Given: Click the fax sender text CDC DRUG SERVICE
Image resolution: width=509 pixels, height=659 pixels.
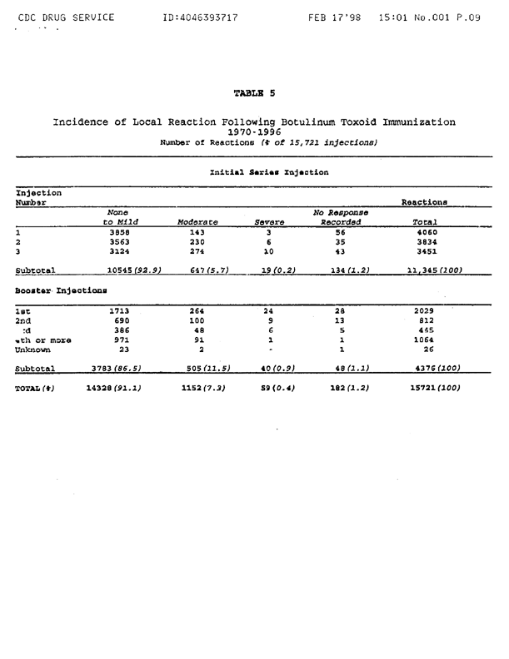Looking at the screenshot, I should pos(65,17).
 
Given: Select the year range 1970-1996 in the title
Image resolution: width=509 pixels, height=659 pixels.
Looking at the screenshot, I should pos(254,131).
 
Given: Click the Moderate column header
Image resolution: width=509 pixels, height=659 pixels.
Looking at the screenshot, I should pos(197,222).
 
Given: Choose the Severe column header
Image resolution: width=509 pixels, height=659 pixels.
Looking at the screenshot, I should pos(270,222).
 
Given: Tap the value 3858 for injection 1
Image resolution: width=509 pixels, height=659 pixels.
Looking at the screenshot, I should pos(121,233).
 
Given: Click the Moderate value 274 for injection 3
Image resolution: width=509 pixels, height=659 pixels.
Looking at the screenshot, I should pos(197,251).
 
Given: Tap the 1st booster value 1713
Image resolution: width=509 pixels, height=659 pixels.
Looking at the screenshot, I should pos(122,310).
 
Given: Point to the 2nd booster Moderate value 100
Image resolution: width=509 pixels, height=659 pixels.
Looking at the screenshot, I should pos(197,320).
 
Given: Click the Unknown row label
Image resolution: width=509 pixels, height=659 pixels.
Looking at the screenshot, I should pos(34,349).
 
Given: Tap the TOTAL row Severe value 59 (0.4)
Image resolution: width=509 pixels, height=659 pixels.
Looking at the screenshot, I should pos(272,388).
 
